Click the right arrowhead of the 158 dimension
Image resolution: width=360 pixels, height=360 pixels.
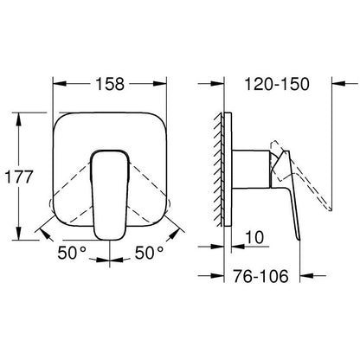point(161,84)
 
